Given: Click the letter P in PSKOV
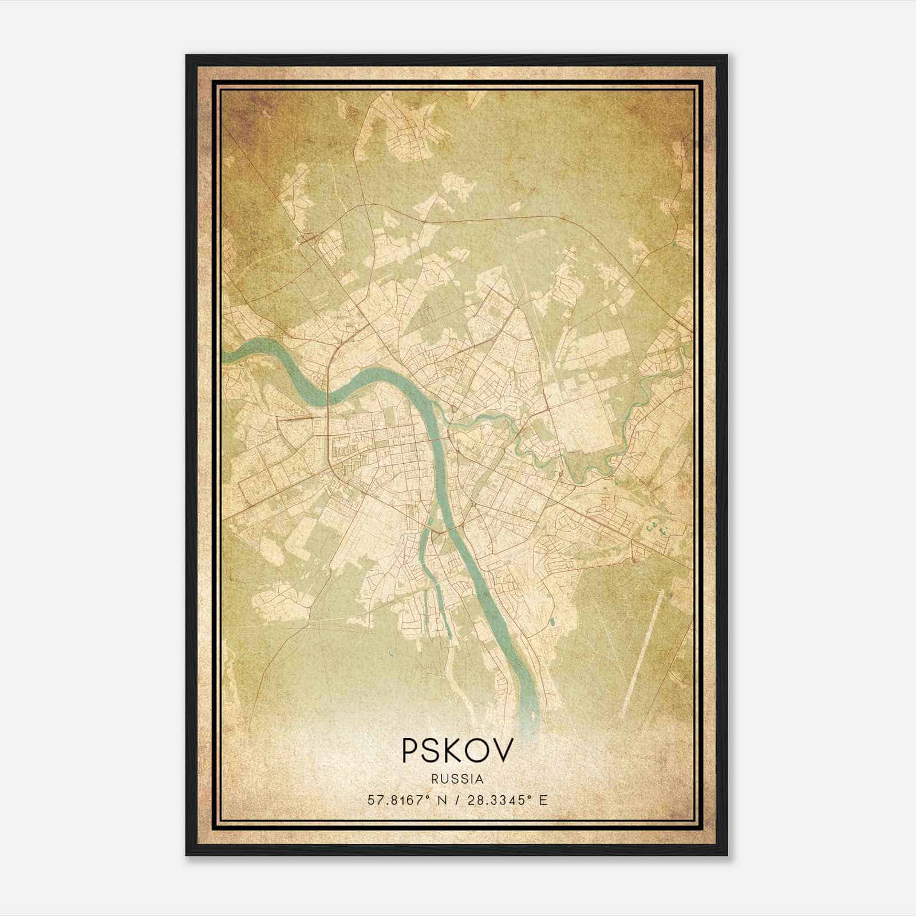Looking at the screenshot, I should tap(411, 750).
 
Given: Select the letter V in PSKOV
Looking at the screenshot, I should tap(503, 750).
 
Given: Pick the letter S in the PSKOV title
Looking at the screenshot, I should tap(433, 750).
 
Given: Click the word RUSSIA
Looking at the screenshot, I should tap(458, 779).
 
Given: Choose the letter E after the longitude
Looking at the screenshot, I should tap(543, 800).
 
